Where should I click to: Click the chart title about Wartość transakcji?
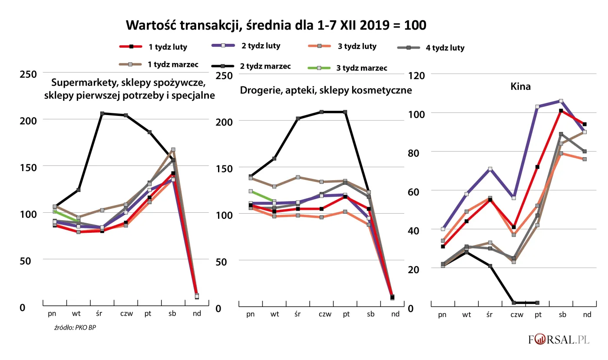coord(276,25)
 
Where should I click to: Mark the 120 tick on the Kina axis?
coord(417,75)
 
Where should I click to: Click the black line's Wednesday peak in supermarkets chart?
coord(102,113)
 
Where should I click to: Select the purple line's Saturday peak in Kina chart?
coord(561,101)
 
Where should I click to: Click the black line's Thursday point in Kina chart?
coord(514,303)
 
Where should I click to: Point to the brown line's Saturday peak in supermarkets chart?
coord(173,150)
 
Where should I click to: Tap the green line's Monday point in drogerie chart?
coord(251,191)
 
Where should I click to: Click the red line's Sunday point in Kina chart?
coord(585,124)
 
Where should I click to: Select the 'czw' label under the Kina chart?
coord(516,315)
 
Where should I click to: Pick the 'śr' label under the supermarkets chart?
coord(99,314)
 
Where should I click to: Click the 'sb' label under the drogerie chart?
coord(370,314)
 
